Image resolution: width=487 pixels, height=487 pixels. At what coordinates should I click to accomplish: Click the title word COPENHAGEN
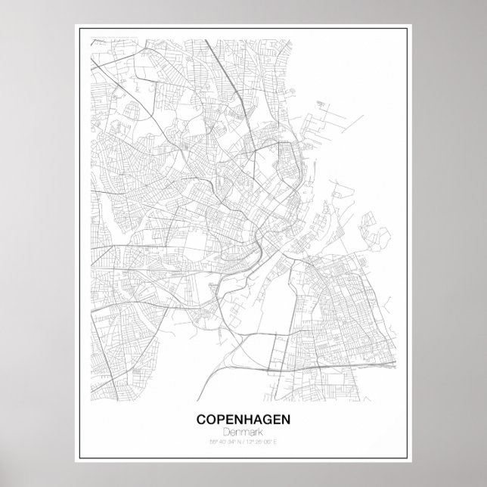coord(243,419)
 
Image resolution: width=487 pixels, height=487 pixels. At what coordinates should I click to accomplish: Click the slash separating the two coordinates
coord(243,441)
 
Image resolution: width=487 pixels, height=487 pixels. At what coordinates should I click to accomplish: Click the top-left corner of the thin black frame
coord(76,26)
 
